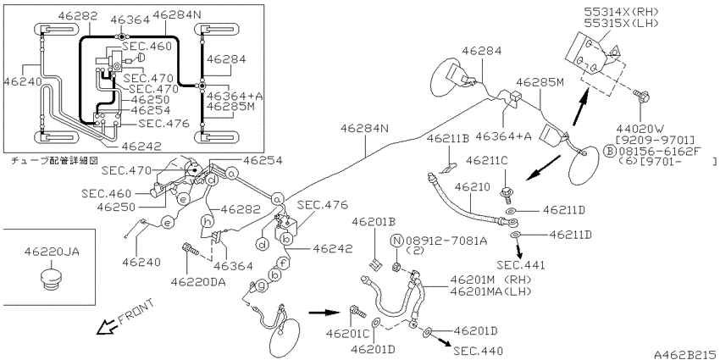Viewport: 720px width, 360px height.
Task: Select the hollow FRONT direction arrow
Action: coord(107,327)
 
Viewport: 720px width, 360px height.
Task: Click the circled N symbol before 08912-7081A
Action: coord(396,241)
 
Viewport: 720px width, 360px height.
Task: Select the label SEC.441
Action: coord(519,264)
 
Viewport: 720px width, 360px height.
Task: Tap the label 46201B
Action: coord(374,222)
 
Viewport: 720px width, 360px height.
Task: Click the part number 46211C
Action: coord(487,160)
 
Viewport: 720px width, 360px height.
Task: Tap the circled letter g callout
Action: coord(261,285)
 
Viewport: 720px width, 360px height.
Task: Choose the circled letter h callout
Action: coord(208,221)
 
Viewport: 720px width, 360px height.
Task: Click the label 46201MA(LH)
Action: coord(490,291)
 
